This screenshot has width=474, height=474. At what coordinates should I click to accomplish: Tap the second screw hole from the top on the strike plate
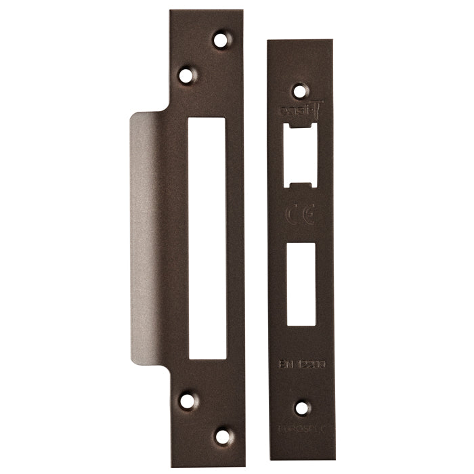(x=188, y=72)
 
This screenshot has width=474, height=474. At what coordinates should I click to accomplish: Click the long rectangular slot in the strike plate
(x=207, y=236)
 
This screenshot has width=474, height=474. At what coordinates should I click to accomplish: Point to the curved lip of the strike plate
(x=146, y=237)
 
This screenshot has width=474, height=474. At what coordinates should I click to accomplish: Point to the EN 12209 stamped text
(x=301, y=364)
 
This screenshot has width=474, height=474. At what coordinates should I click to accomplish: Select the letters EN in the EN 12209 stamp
(x=286, y=364)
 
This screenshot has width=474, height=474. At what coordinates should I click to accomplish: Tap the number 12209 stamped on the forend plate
(x=309, y=364)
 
